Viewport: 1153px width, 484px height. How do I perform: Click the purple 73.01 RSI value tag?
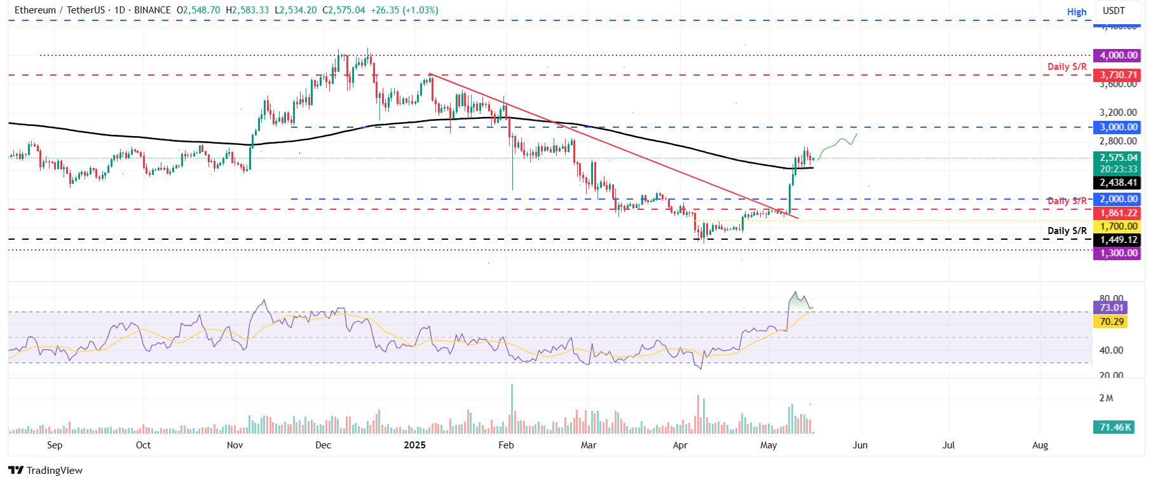point(1111,308)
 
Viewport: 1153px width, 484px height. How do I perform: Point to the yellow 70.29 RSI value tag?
point(1111,322)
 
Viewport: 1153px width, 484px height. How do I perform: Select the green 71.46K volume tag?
point(1115,427)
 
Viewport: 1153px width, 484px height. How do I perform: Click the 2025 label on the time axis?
point(414,445)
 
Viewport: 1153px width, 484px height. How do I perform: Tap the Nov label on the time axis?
point(235,445)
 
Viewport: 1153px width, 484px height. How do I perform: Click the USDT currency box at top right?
point(1113,11)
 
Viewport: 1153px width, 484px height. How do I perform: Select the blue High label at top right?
point(1076,12)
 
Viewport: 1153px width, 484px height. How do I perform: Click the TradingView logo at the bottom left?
point(46,471)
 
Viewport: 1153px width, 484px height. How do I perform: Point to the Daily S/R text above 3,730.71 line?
point(1067,67)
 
